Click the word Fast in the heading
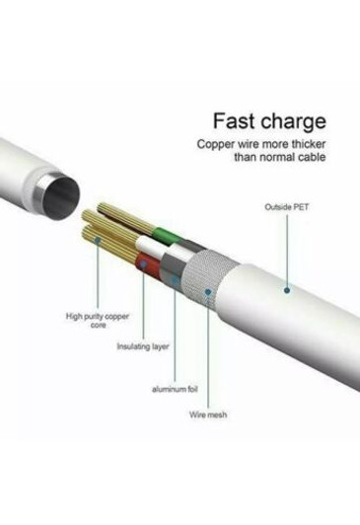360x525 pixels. (235, 122)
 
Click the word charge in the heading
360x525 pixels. (290, 123)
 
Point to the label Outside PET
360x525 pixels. (288, 207)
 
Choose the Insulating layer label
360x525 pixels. (140, 346)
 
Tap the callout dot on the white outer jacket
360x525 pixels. (288, 289)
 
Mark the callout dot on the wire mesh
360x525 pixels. (207, 290)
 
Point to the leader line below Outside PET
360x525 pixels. (288, 252)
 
